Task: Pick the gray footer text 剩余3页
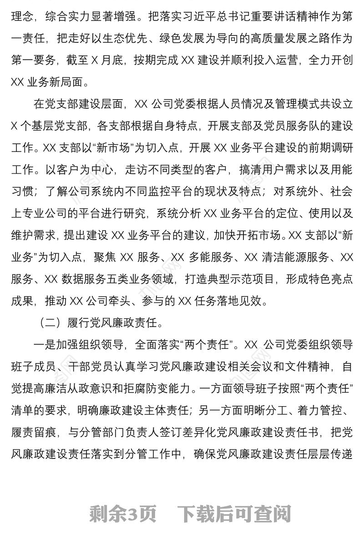[x=123, y=514]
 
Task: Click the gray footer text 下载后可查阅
[x=234, y=514]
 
